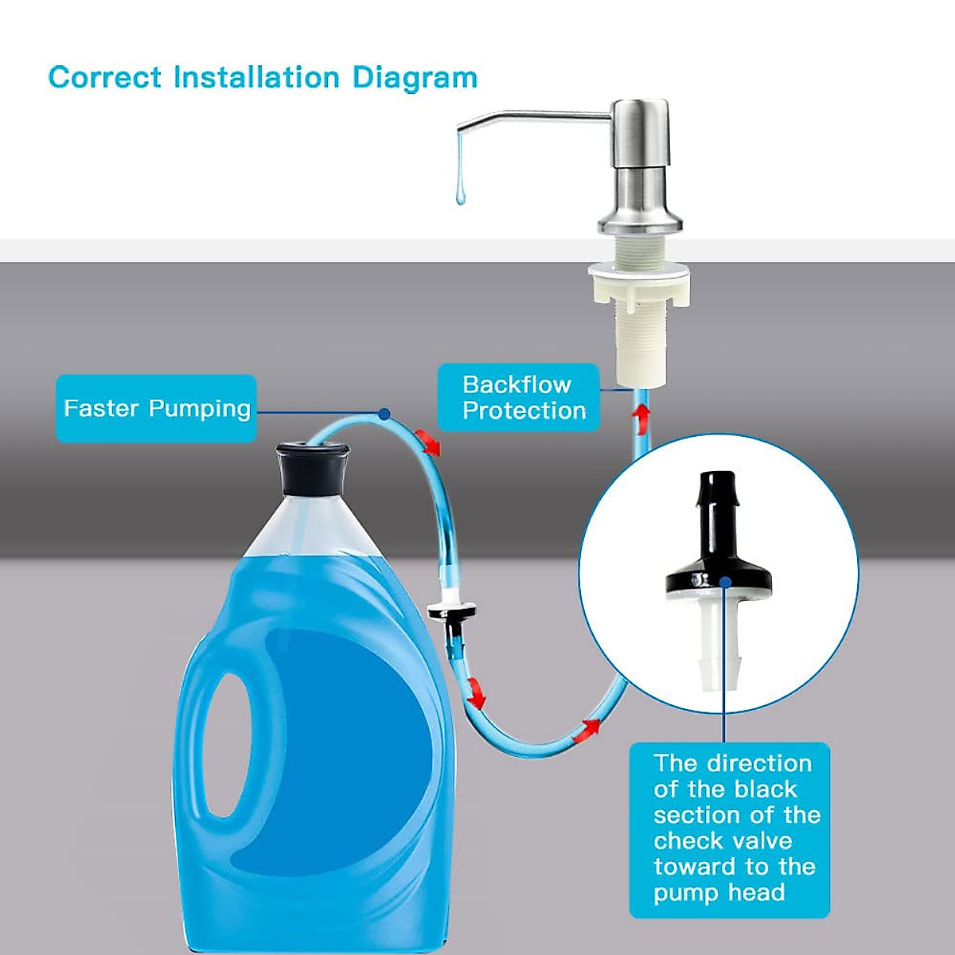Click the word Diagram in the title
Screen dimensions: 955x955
point(415,78)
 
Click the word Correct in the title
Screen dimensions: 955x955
point(104,78)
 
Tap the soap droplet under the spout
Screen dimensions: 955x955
point(460,191)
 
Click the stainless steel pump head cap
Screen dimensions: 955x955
point(639,127)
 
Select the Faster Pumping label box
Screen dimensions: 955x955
point(156,408)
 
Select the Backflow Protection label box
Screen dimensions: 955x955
point(518,397)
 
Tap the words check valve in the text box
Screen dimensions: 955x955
point(723,840)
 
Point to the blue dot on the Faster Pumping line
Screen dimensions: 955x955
point(384,414)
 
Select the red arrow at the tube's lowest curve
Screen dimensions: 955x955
point(591,726)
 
